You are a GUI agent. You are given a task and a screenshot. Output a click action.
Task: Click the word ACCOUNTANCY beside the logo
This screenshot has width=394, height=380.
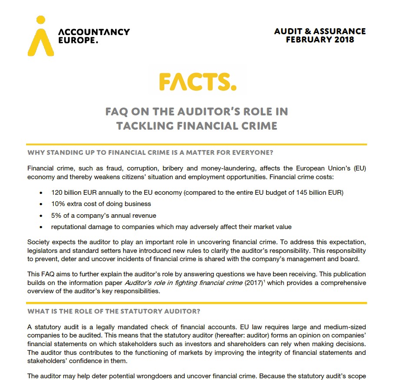(94, 32)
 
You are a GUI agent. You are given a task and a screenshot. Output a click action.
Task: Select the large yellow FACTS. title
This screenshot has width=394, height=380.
(197, 81)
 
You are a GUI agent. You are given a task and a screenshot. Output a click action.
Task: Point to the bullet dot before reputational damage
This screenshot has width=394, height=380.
(41, 227)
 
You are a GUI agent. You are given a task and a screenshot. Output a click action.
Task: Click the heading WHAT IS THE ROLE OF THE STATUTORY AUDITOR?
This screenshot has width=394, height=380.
(114, 311)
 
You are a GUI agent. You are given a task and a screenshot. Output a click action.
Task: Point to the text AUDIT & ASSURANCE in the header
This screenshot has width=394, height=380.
(320, 31)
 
